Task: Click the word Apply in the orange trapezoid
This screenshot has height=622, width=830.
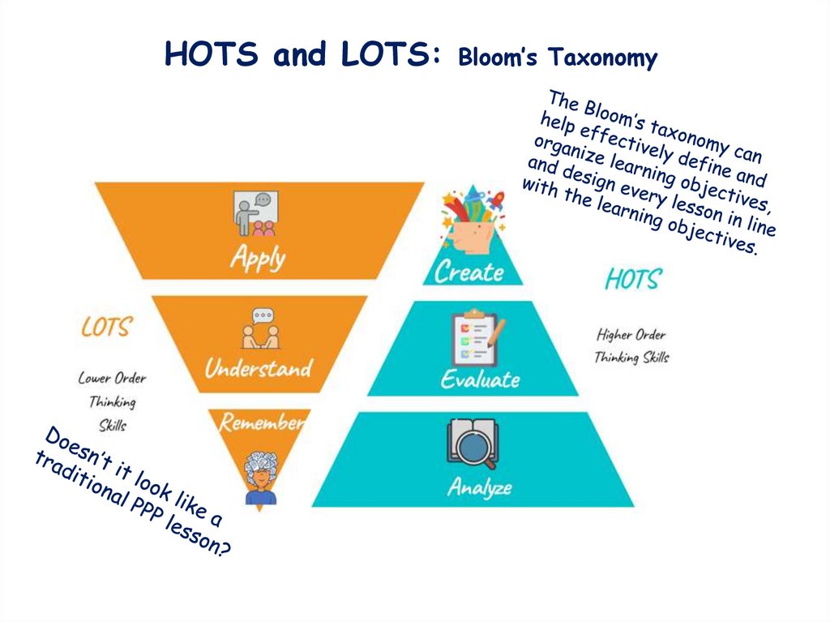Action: pos(258,257)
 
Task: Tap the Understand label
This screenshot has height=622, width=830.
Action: pos(258,369)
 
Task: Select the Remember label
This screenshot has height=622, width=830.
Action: pos(262,422)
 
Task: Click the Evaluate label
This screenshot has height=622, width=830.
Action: pos(480,379)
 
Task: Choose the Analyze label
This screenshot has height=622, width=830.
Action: pos(480,487)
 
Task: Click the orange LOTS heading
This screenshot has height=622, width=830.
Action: pos(106,327)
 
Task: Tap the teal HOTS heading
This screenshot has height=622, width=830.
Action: pos(633,280)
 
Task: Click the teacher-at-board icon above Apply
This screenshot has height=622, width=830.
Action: pos(255,212)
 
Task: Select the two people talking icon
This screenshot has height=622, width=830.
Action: pos(259,328)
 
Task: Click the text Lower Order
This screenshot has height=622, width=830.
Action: pos(112,378)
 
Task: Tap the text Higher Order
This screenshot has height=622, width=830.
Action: pos(631,334)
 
